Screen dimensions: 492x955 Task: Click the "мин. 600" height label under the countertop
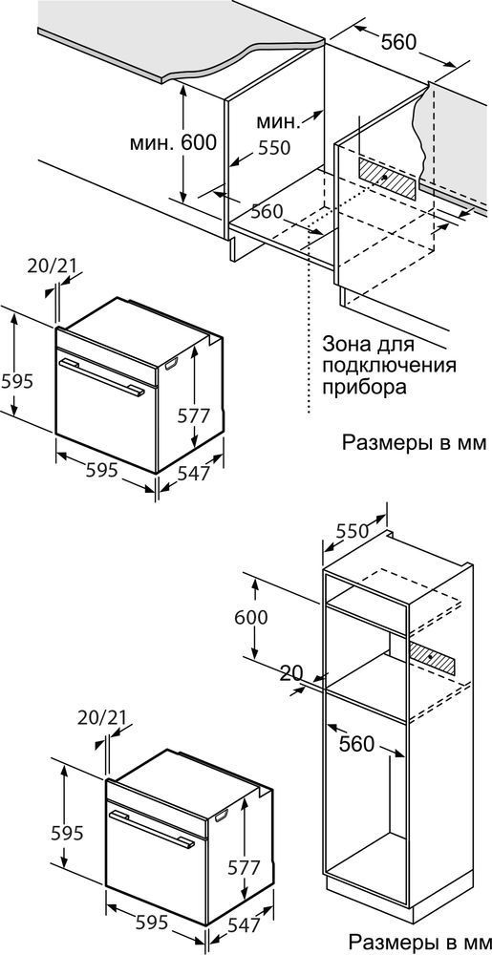click(x=173, y=143)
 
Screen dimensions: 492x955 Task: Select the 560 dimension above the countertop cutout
click(x=398, y=42)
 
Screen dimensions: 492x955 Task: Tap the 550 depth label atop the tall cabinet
click(x=351, y=531)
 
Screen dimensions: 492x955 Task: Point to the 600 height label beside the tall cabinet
click(x=251, y=617)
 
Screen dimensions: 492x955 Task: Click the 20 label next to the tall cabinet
click(x=292, y=673)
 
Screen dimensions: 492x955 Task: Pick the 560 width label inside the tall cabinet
click(x=356, y=744)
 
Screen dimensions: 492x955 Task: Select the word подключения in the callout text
click(x=389, y=366)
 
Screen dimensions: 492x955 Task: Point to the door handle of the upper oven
click(x=102, y=377)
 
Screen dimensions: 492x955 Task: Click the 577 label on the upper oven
click(x=194, y=415)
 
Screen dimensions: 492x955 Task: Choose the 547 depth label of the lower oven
click(x=245, y=924)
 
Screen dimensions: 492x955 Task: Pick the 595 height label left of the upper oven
click(x=16, y=381)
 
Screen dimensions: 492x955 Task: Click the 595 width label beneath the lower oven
click(x=150, y=923)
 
